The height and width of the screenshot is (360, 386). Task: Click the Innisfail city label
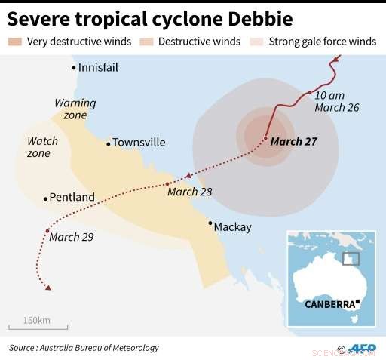(x=98, y=68)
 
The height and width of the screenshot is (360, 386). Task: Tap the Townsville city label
(x=139, y=142)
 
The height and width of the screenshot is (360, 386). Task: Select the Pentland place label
(x=72, y=198)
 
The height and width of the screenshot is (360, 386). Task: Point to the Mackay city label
(x=232, y=226)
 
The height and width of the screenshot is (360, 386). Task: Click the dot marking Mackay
(x=210, y=223)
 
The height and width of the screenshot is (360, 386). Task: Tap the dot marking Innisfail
(x=74, y=68)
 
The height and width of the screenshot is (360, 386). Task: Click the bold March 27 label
(x=294, y=141)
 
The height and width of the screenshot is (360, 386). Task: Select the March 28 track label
(x=189, y=192)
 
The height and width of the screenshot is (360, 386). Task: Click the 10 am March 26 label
(x=336, y=101)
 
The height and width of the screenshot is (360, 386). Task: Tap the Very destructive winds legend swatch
(x=15, y=42)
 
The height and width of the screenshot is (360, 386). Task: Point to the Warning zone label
(x=75, y=109)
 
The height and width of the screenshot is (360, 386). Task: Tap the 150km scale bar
(x=38, y=328)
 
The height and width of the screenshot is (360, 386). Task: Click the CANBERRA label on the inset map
(x=329, y=304)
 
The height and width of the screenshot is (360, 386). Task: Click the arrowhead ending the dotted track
(x=48, y=288)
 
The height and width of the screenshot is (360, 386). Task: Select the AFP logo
(x=363, y=349)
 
